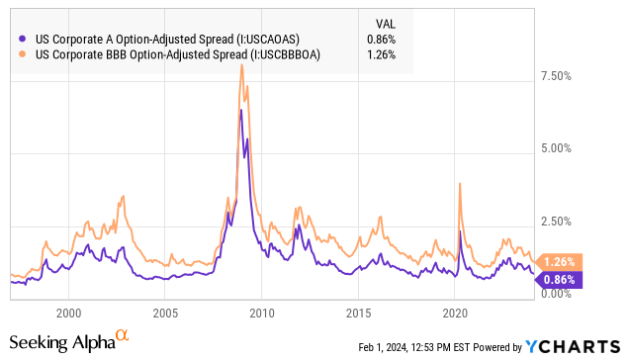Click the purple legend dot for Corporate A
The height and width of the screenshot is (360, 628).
pyautogui.click(x=23, y=39)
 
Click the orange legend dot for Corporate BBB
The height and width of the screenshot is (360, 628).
pyautogui.click(x=23, y=54)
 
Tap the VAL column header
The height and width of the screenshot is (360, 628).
pyautogui.click(x=386, y=24)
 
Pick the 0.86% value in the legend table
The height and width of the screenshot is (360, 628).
pyautogui.click(x=382, y=40)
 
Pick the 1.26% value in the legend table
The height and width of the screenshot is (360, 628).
pyautogui.click(x=382, y=54)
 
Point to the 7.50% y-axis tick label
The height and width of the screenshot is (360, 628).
pyautogui.click(x=557, y=76)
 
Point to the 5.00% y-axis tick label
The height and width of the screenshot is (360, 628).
pyautogui.click(x=557, y=148)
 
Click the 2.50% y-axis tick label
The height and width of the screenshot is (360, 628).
pyautogui.click(x=557, y=222)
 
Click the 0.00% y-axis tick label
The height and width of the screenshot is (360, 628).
pyautogui.click(x=557, y=294)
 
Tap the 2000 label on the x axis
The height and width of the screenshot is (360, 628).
pyautogui.click(x=69, y=314)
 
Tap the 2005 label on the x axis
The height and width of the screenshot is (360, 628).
pyautogui.click(x=165, y=314)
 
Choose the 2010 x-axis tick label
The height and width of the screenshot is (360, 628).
pyautogui.click(x=262, y=314)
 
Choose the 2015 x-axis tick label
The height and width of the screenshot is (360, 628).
pyautogui.click(x=358, y=314)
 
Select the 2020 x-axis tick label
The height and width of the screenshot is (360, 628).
pyautogui.click(x=455, y=314)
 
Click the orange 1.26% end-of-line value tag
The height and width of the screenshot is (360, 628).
pyautogui.click(x=559, y=262)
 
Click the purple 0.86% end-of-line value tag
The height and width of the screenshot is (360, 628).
pyautogui.click(x=559, y=280)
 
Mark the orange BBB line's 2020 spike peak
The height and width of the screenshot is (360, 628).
pyautogui.click(x=460, y=183)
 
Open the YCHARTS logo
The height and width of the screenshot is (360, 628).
pyautogui.click(x=573, y=347)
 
